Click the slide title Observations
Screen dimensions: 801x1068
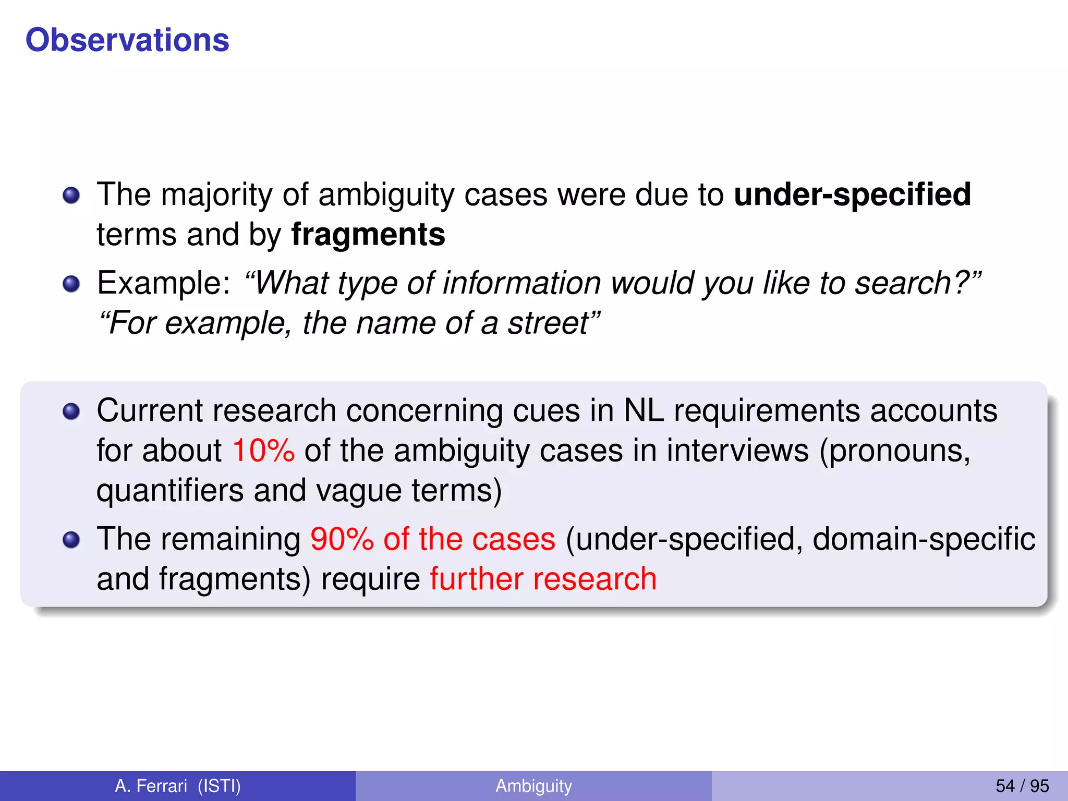click(127, 40)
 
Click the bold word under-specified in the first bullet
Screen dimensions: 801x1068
click(852, 195)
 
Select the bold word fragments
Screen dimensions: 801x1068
click(368, 235)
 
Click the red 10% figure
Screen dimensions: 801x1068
click(263, 451)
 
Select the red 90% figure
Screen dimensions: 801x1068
click(342, 539)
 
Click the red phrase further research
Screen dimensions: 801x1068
click(543, 579)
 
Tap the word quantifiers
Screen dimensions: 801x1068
click(170, 491)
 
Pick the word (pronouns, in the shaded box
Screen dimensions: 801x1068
click(895, 451)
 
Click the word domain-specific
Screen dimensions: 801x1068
click(924, 539)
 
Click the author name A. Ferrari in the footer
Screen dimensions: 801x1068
click(151, 786)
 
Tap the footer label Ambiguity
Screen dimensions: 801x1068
click(533, 786)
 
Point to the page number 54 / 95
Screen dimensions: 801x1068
click(1022, 786)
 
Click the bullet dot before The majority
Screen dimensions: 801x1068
click(71, 196)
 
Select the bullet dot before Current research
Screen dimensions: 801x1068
click(71, 412)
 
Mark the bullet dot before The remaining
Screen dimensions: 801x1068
click(71, 540)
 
